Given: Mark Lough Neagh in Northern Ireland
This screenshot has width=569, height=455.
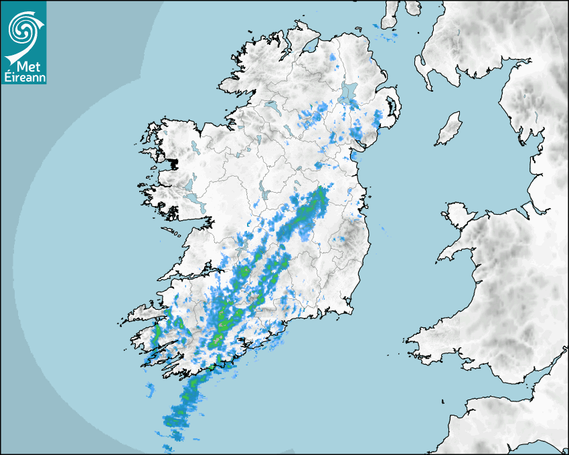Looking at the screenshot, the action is tap(348, 93).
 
